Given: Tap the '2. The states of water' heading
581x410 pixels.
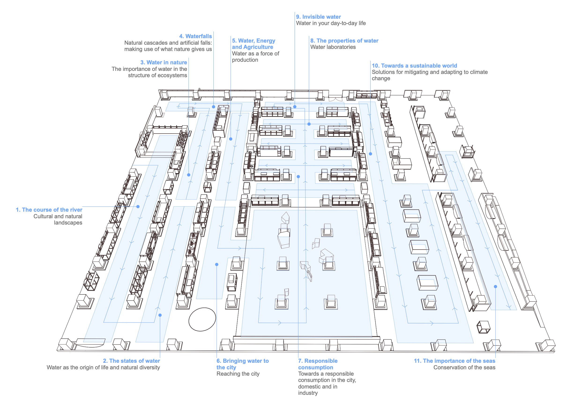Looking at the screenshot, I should pos(131,361).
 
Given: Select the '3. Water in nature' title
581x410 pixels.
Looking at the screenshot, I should pos(164,62).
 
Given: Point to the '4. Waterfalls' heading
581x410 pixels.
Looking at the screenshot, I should pos(195,36).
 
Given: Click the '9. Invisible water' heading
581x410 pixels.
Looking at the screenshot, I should pos(318,17).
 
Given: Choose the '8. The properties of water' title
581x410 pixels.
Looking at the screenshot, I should pos(344,41).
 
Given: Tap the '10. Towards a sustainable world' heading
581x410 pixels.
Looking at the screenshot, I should pos(414,66).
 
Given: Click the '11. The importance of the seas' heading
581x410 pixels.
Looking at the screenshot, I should pos(454,361).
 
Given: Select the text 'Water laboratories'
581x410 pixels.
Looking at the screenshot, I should pos(333,47).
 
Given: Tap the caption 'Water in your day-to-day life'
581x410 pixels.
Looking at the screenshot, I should pos(331,23).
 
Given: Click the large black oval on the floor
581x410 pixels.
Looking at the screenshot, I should pos(202,319).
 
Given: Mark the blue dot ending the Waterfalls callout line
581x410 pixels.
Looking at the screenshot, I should pos(214,107).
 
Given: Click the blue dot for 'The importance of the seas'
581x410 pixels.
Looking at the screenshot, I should pos(495,287).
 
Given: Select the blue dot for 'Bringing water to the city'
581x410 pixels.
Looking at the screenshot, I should pos(217,265).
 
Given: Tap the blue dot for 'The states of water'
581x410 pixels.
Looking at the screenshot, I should pos(160,315).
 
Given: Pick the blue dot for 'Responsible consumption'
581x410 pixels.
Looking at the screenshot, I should pos(298,177).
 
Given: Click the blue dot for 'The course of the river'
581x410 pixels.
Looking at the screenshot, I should pos(138,207).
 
